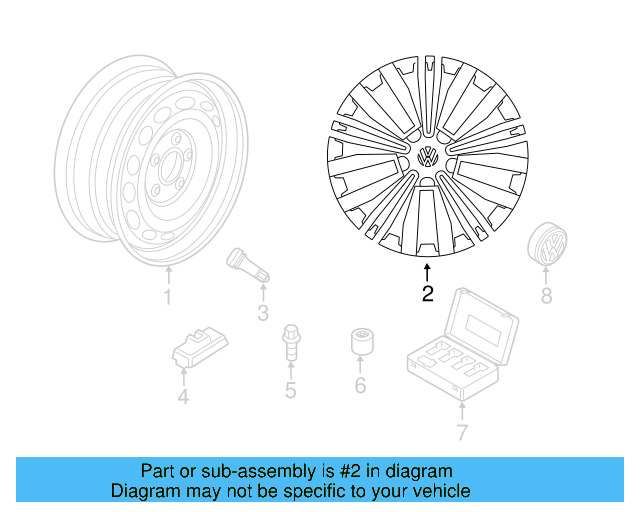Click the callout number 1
[x=168, y=298]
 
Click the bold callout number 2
[x=428, y=294]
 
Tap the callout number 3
[x=262, y=315]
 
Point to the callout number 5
[x=290, y=390]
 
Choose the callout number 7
[x=461, y=432]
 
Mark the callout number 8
[x=546, y=295]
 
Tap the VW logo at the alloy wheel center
[x=427, y=158]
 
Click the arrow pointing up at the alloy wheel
[x=428, y=270]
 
